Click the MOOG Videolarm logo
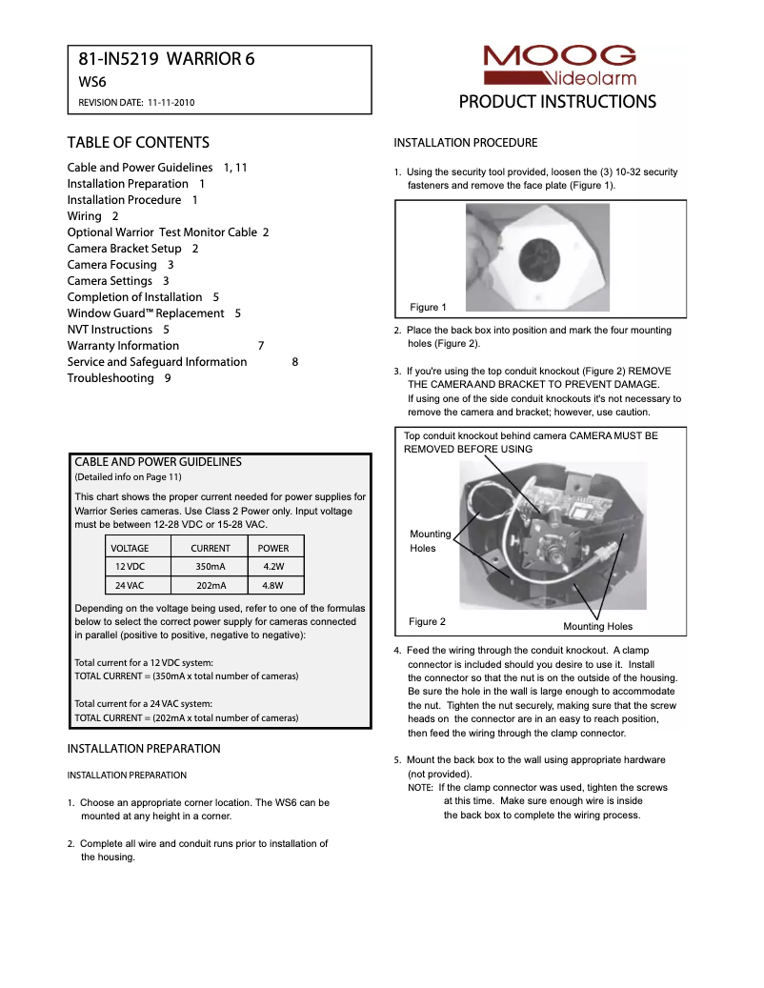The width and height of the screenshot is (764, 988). coord(558,65)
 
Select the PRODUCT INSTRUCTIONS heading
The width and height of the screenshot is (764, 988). coord(557,102)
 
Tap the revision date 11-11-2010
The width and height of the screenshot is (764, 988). coord(176,102)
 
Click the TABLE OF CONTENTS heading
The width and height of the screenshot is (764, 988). coord(138,143)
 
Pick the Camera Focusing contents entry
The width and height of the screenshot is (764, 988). coord(111,265)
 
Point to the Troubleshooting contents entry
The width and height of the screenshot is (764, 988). coord(110,378)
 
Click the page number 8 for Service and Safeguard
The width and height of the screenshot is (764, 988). coord(294,362)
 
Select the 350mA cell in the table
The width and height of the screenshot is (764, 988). coord(210,567)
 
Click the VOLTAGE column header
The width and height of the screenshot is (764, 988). coord(130,548)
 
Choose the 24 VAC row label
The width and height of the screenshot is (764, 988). coord(130,586)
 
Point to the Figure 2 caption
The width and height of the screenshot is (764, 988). coord(427,621)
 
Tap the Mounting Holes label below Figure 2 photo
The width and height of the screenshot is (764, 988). coord(597,626)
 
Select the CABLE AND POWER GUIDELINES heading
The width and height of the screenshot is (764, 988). coord(158,462)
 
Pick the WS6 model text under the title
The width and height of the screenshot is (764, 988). coord(91,82)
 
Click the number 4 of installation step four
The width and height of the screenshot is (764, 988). coord(397,652)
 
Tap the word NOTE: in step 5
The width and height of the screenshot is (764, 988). coord(420,788)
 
